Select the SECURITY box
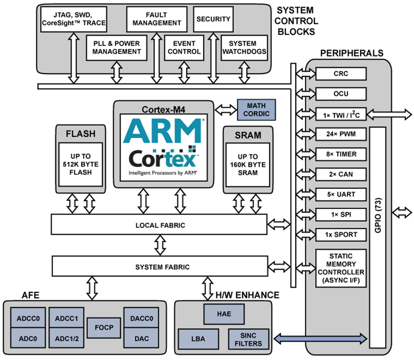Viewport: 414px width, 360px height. (x=213, y=19)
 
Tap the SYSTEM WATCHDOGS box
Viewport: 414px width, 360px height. (x=244, y=47)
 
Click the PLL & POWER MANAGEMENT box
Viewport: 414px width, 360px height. (x=116, y=47)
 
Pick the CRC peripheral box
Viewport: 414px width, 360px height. (x=340, y=74)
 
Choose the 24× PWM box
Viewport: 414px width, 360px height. (x=340, y=134)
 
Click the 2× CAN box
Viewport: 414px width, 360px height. (x=340, y=174)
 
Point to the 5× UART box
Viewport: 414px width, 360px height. (x=340, y=194)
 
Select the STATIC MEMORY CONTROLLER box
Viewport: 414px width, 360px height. (x=340, y=268)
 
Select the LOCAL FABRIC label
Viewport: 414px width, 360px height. (x=160, y=225)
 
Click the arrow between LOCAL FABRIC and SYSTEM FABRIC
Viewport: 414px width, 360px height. (x=160, y=245)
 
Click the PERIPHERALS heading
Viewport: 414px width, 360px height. (x=352, y=53)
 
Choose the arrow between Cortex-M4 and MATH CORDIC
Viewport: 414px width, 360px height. (x=225, y=110)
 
